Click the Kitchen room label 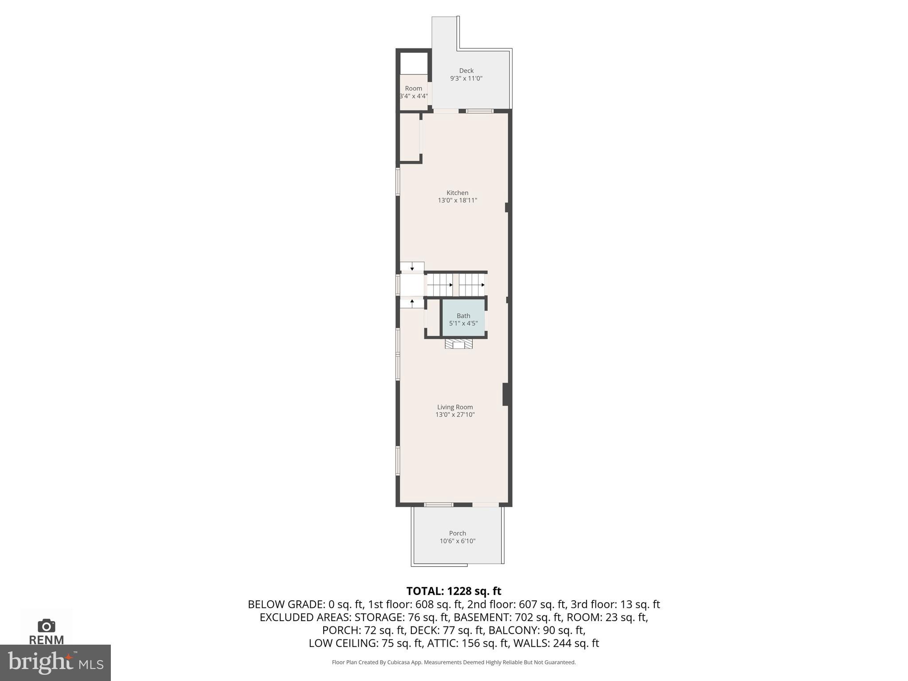(457, 193)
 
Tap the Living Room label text (455, 407)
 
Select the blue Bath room (463, 318)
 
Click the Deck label (466, 70)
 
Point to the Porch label (457, 533)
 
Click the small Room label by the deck (413, 88)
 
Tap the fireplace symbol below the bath (459, 344)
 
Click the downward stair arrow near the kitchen (412, 267)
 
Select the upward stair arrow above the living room (412, 303)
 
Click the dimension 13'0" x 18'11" (457, 200)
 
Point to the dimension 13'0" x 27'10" (455, 415)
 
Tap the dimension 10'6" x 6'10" (457, 541)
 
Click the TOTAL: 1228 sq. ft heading (454, 591)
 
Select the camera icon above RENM (46, 626)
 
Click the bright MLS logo (55, 662)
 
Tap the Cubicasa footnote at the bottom (454, 662)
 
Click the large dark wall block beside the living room (505, 394)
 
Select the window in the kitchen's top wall (479, 111)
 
